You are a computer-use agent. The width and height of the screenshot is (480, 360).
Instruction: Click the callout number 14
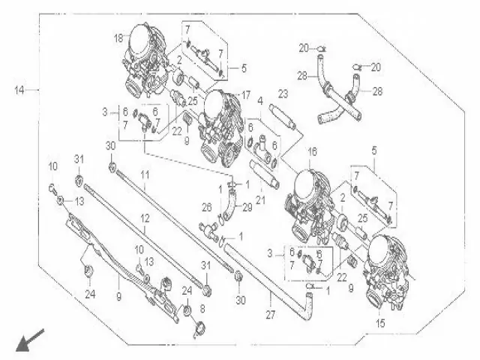(19, 90)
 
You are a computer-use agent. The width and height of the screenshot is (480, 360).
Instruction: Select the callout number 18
(118, 37)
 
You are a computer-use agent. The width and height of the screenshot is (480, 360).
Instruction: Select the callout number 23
(283, 94)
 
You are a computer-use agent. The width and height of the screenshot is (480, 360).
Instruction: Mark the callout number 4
(259, 100)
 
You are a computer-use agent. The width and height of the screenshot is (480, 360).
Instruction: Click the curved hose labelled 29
(227, 202)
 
